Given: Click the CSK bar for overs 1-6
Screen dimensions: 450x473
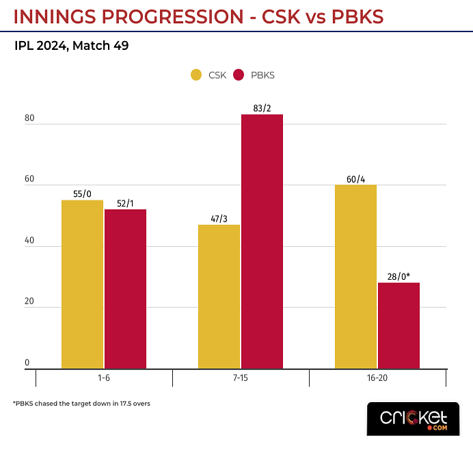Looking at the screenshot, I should tap(82, 284).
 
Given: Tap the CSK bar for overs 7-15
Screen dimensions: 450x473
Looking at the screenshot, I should tap(219, 297).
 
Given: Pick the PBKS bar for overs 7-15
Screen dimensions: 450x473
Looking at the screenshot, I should tap(262, 241).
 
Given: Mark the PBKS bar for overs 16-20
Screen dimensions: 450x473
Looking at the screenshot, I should tap(398, 326).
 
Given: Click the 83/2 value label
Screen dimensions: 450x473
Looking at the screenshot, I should tap(262, 108).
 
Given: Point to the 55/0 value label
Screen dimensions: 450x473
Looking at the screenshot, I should tap(82, 194).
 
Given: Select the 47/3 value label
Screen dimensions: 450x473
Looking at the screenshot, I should tap(219, 218).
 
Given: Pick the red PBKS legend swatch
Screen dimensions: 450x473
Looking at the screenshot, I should tap(239, 75).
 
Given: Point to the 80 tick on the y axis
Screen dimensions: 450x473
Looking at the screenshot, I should tap(29, 119).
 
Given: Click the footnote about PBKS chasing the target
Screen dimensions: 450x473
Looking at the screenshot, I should tap(81, 403).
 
